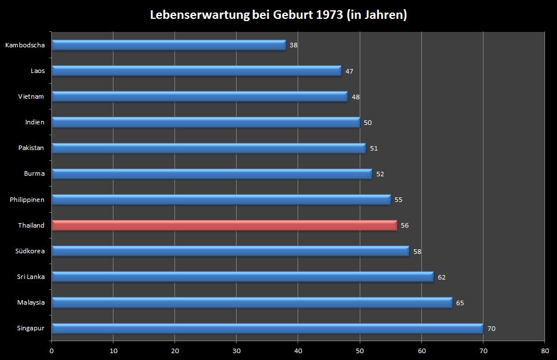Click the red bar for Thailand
pyautogui.click(x=224, y=225)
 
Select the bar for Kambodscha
pyautogui.click(x=168, y=45)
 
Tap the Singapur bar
pyautogui.click(x=267, y=328)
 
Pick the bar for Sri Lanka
pyautogui.click(x=242, y=277)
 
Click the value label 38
pyautogui.click(x=294, y=45)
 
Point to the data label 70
pyautogui.click(x=491, y=329)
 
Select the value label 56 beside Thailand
pyautogui.click(x=405, y=225)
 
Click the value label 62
pyautogui.click(x=442, y=277)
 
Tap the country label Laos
pyautogui.click(x=38, y=71)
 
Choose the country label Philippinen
pyautogui.click(x=27, y=200)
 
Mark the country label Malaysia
pyautogui.click(x=31, y=302)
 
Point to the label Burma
pyautogui.click(x=34, y=173)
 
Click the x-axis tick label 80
pyautogui.click(x=544, y=351)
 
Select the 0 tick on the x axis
pyautogui.click(x=52, y=351)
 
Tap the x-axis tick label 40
pyautogui.click(x=298, y=351)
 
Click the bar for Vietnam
pyautogui.click(x=200, y=96)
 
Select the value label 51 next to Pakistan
pyautogui.click(x=374, y=148)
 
